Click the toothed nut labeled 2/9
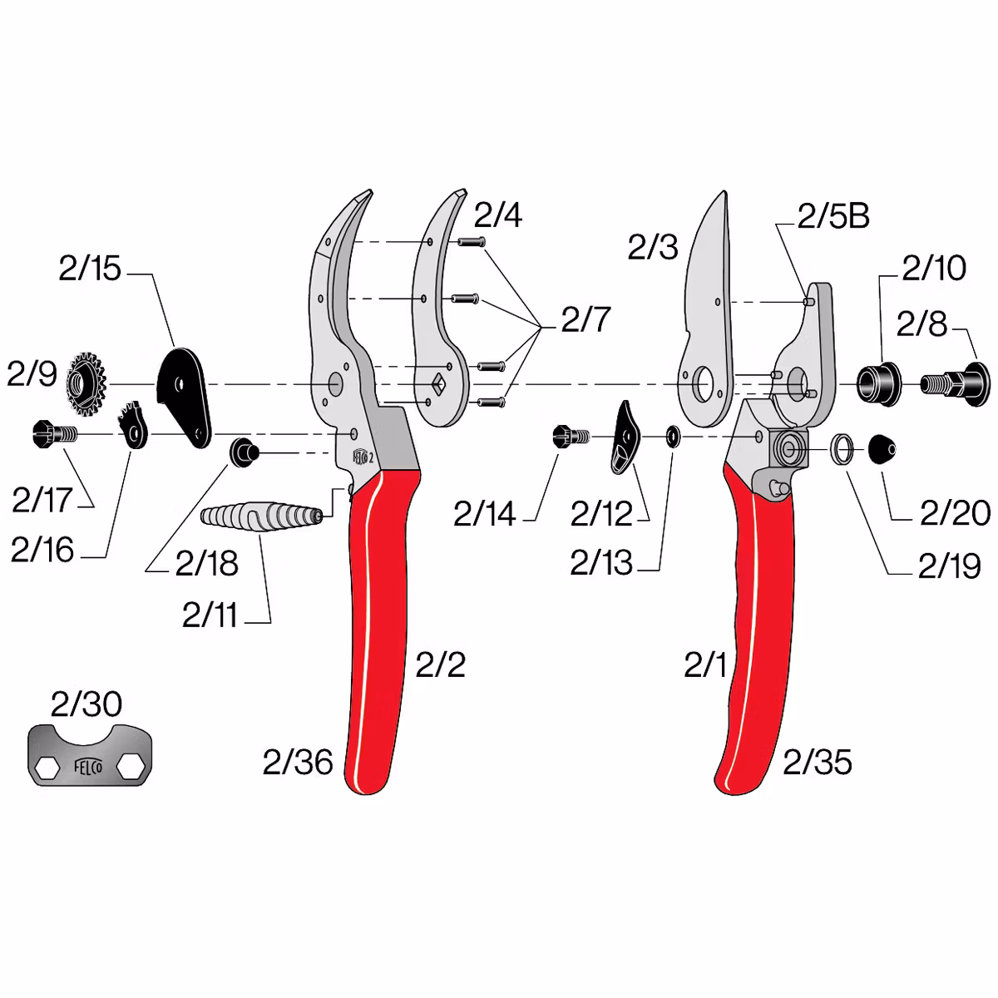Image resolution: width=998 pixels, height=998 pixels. [x=86, y=384]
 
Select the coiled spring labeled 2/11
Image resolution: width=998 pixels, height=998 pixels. [x=261, y=516]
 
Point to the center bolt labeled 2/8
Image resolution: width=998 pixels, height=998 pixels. [x=955, y=384]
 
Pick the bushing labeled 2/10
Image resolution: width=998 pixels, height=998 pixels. [x=878, y=383]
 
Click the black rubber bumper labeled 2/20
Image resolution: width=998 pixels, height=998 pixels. [x=882, y=449]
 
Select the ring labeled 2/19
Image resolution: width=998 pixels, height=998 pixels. [x=842, y=448]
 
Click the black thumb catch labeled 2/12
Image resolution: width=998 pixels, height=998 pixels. [x=625, y=437]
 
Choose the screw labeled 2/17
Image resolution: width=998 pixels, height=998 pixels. [x=54, y=433]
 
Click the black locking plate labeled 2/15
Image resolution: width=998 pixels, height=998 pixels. [x=184, y=398]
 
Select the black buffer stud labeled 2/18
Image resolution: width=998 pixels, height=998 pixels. [x=244, y=452]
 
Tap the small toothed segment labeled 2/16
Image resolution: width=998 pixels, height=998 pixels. [x=133, y=425]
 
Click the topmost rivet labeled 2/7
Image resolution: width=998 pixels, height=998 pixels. [x=472, y=241]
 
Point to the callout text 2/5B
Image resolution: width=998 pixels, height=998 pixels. [x=833, y=216]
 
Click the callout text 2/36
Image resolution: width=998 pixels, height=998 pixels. [x=298, y=762]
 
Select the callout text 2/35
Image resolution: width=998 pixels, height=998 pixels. [x=818, y=762]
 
